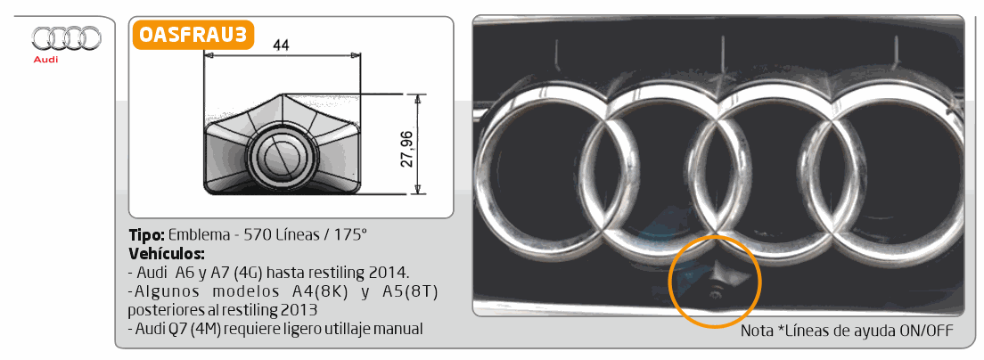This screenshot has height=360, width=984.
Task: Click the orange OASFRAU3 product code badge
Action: coord(193,35)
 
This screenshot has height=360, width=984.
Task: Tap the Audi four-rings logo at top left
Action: coord(67,38)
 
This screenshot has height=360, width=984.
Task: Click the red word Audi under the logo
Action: coord(45,60)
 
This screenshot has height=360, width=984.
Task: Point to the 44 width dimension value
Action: coord(282,45)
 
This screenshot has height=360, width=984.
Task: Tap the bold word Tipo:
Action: coord(147,236)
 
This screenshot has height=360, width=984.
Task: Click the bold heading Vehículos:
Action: coord(167,255)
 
